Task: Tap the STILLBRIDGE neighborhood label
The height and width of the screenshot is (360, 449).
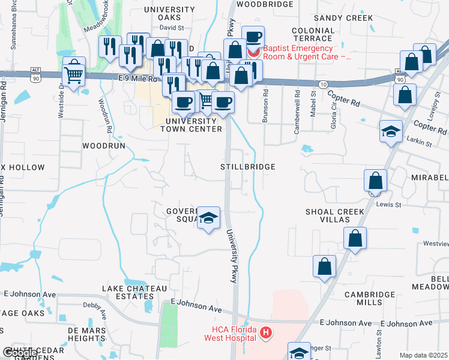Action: coord(248,166)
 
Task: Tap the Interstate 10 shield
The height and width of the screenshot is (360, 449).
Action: coord(323,84)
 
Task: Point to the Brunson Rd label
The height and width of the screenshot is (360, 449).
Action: coord(265,107)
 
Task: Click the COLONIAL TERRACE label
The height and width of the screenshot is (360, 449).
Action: coord(313,34)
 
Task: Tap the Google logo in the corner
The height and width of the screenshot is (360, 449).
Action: coord(19,352)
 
